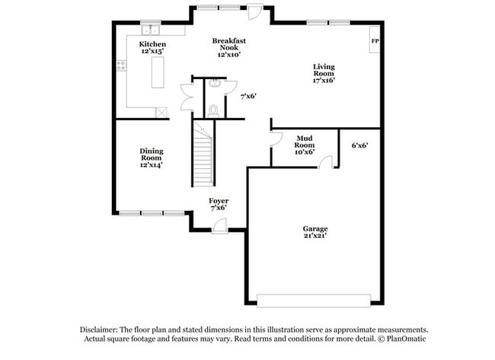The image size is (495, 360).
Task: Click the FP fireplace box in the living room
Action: [374, 42]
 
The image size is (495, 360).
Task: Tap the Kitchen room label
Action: [152, 44]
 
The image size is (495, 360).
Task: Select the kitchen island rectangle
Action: [159, 74]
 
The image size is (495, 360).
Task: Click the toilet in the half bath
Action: [215, 110]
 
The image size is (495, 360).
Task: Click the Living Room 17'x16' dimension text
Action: [324, 80]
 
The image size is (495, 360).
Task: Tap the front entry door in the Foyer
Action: [219, 224]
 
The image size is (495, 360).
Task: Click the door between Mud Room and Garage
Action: [326, 162]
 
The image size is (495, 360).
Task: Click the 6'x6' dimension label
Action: [360, 145]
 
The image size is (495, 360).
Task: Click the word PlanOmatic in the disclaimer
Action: [403, 338]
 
